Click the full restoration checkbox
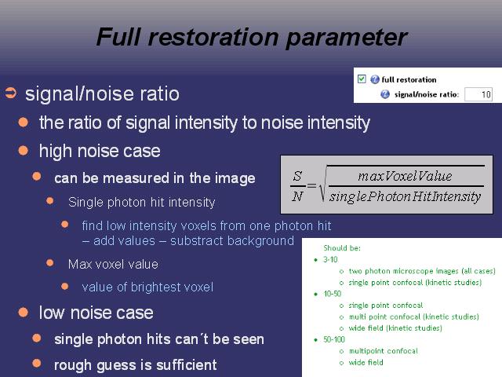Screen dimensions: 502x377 tap(362, 79)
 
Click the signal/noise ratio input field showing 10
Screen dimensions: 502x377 tap(478, 94)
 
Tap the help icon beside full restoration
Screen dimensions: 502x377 tap(375, 79)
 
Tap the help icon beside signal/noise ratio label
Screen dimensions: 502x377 tap(385, 94)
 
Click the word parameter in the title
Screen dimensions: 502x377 tap(347, 38)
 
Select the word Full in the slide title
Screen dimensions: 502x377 tap(118, 37)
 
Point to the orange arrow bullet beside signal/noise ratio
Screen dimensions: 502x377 tap(10, 93)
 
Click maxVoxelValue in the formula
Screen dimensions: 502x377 tap(405, 176)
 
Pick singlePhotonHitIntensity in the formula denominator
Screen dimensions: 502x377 tap(405, 196)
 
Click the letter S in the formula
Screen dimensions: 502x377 tap(297, 176)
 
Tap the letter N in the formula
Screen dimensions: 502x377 tap(297, 196)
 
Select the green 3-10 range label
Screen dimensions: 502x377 tap(330, 259)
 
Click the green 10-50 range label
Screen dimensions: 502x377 tap(333, 294)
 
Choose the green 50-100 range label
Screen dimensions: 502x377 tap(334, 339)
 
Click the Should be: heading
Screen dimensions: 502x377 tap(342, 248)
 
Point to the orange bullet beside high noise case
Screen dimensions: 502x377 tap(24, 150)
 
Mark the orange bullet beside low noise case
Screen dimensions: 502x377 tap(24, 312)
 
